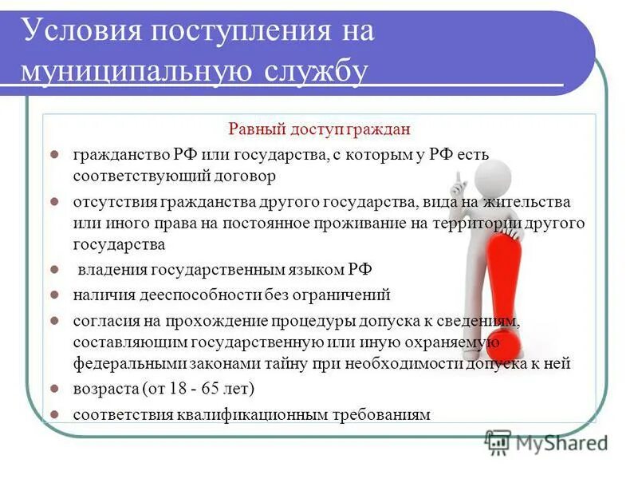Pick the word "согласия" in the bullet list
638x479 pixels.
[104, 321]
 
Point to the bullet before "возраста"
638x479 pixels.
[54, 390]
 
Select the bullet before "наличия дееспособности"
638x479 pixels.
[54, 295]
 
